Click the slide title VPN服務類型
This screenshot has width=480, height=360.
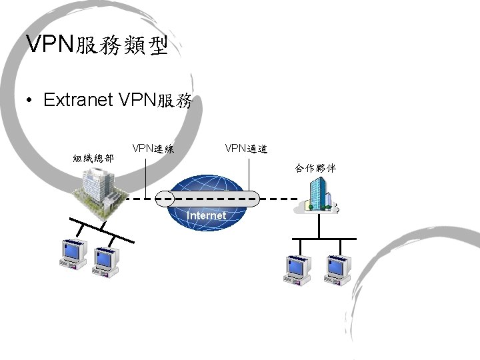[x=96, y=45]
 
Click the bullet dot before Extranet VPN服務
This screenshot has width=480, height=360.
[x=29, y=101]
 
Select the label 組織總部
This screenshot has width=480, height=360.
[x=93, y=159]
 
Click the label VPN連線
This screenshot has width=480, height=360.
[x=153, y=148]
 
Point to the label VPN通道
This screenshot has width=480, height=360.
[x=246, y=147]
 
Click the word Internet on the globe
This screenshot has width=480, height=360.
[x=207, y=216]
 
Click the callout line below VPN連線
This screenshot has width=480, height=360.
[x=145, y=177]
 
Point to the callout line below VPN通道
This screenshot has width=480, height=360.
[x=247, y=175]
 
